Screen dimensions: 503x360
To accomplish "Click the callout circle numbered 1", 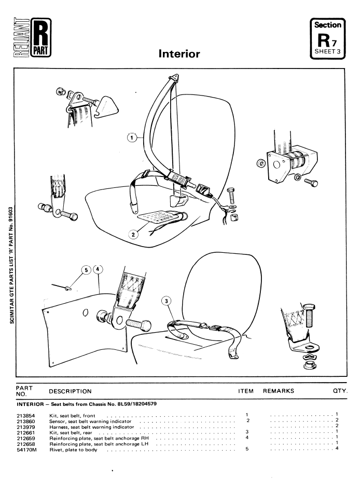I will pyautogui.click(x=133, y=138).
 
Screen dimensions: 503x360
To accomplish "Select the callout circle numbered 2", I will pyautogui.click(x=134, y=234).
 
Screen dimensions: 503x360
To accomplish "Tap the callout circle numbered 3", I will pyautogui.click(x=167, y=301).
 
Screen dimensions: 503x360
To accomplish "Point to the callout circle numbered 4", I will pyautogui.click(x=99, y=270).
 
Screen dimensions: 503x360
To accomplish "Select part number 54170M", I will pyautogui.click(x=26, y=448).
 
